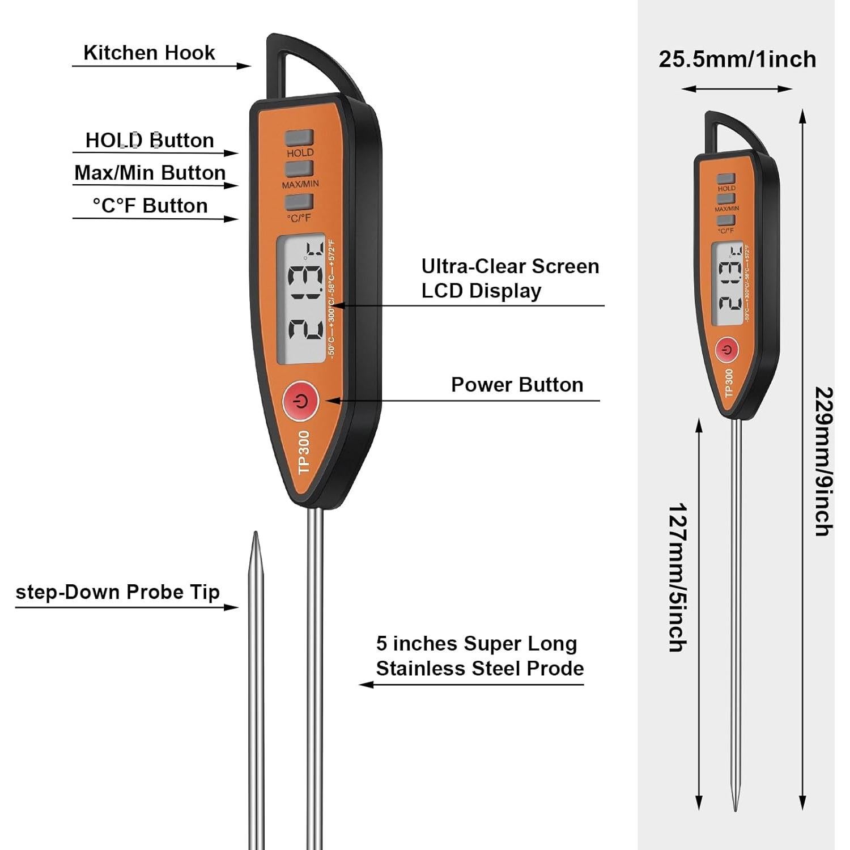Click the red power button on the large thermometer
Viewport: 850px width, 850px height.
pos(301,401)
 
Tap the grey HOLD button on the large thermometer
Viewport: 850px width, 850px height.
pos(299,138)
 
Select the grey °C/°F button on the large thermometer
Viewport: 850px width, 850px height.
pos(299,202)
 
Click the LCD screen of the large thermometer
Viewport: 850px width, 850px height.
pos(300,299)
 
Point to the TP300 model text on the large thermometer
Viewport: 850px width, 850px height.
pos(304,452)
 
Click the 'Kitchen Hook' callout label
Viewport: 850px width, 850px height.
pos(149,53)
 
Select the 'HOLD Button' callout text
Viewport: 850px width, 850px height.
pos(150,140)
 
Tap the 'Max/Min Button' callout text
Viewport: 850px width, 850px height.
pos(150,172)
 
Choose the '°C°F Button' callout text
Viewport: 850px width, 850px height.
pos(150,206)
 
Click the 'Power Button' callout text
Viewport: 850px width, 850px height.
pos(517,385)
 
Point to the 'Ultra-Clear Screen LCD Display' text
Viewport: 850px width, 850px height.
pos(509,278)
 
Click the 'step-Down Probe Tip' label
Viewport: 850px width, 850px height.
pos(117,592)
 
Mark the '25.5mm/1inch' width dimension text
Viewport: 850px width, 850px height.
pos(737,59)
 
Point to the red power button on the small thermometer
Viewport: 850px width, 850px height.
pos(727,350)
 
